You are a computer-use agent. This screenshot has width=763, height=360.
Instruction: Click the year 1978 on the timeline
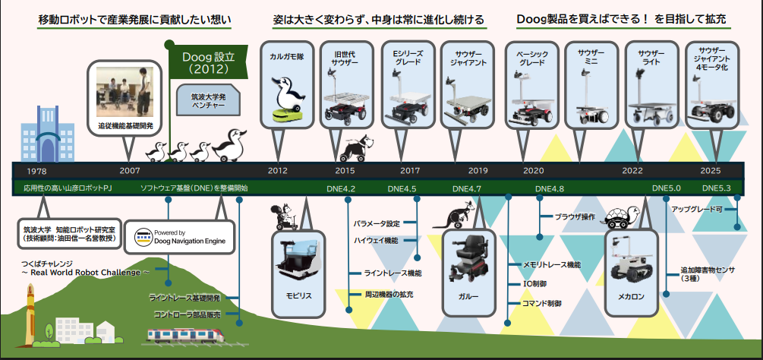coord(36,171)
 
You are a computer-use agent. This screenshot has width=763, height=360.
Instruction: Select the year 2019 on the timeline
coord(478,171)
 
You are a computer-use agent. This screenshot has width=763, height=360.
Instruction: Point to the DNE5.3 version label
coord(716,188)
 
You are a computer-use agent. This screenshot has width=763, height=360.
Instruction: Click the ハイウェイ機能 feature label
coord(375,240)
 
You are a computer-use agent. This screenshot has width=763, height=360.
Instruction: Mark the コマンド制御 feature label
coord(541,303)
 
